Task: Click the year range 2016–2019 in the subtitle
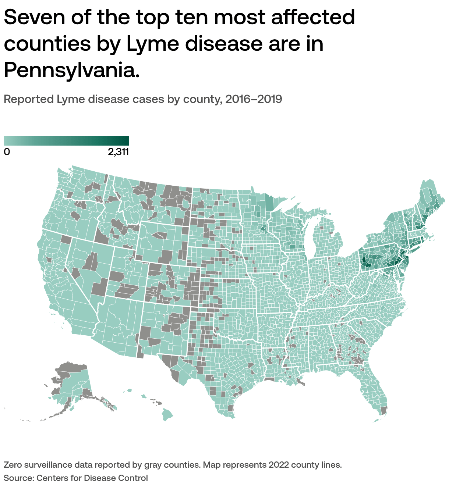(x=254, y=99)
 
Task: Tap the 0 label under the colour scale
(x=7, y=152)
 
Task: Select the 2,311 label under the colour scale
(x=118, y=152)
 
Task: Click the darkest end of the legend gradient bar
(x=126, y=141)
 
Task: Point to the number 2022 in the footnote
(x=278, y=465)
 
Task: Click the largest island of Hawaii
(x=167, y=415)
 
